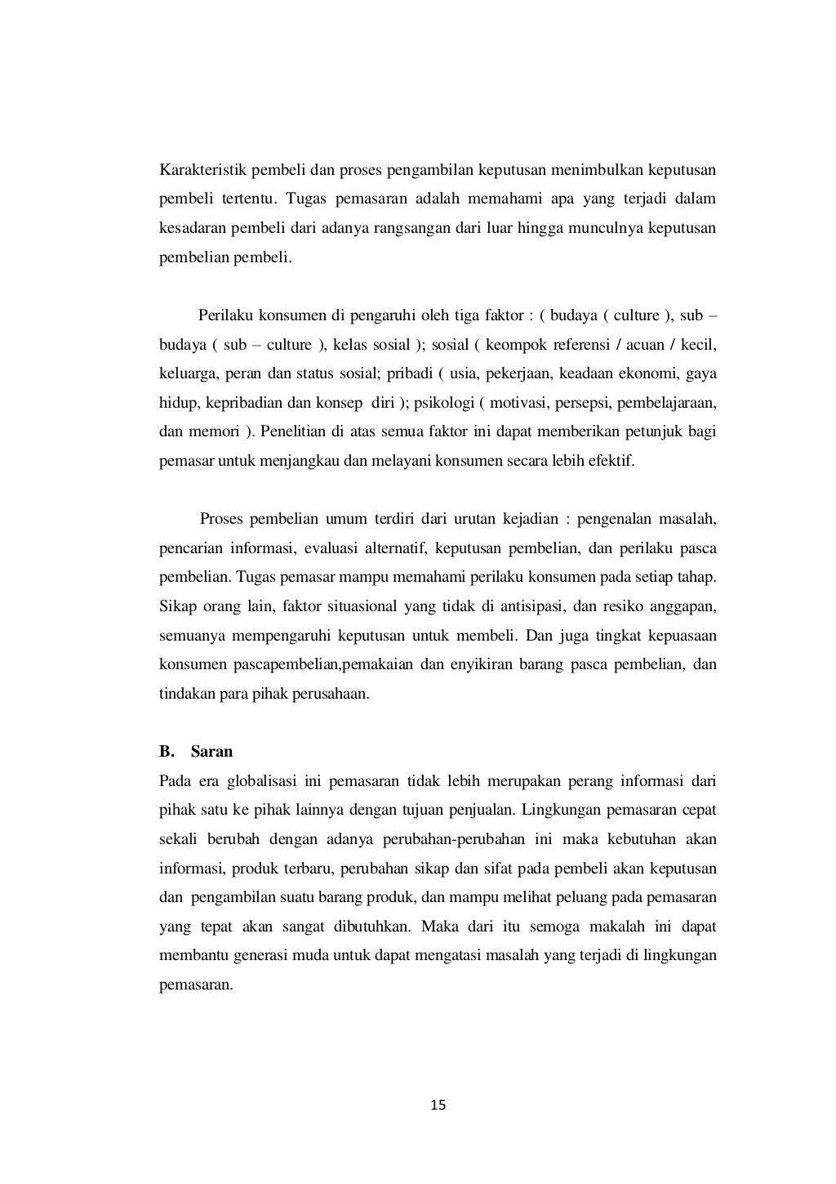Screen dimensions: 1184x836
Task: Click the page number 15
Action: [438, 1106]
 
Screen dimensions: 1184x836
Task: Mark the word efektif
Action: [612, 460]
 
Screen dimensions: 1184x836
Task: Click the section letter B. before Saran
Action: [167, 751]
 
